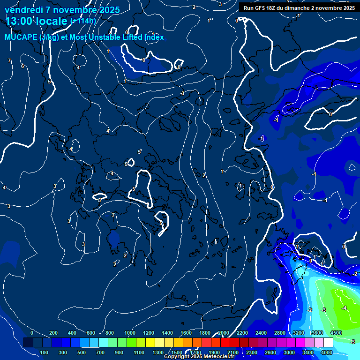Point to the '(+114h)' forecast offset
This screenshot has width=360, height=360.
[x=83, y=21]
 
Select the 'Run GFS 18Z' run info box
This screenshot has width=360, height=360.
[x=299, y=7]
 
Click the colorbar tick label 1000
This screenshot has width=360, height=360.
[x=130, y=333]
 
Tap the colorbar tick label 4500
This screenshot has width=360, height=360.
[x=336, y=333]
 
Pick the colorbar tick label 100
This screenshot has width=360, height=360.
[x=45, y=352]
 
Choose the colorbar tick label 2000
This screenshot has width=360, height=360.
[x=224, y=333]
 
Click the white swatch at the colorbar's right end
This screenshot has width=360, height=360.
[x=328, y=343]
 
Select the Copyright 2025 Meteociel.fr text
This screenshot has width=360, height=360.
[x=205, y=357]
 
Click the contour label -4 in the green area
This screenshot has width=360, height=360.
[x=344, y=308]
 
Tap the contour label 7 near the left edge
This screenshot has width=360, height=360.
[x=9, y=61]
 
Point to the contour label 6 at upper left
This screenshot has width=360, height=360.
[x=22, y=66]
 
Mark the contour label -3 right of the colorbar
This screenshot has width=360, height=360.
[x=352, y=342]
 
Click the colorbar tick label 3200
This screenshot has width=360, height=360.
[x=298, y=333]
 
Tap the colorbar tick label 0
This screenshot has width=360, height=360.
[x=32, y=333]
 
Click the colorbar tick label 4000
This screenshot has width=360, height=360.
[x=327, y=352]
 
